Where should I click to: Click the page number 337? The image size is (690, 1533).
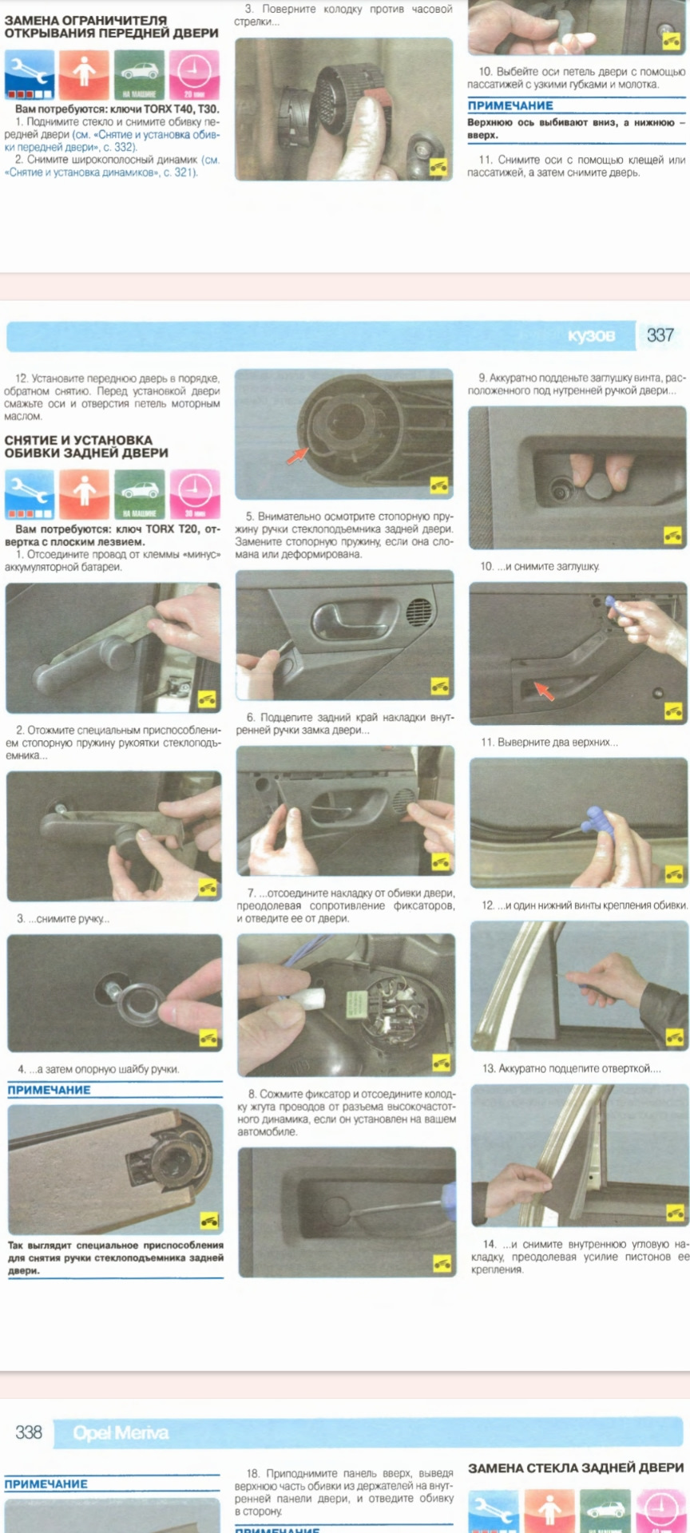coord(660,335)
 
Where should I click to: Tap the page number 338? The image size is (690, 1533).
coord(29,1432)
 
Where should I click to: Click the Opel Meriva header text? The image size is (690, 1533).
coord(121,1433)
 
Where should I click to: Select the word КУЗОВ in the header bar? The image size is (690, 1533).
coord(591,336)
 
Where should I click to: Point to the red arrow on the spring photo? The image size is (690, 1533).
coord(297,455)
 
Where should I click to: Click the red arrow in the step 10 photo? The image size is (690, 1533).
coord(544,690)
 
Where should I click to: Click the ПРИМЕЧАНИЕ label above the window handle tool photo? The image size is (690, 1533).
coord(50,1090)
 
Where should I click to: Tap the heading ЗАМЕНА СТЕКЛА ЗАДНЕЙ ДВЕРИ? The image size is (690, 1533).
coord(576,1468)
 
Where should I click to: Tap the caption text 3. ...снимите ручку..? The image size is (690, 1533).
coord(64,919)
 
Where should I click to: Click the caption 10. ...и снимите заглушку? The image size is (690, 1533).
coord(540,566)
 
